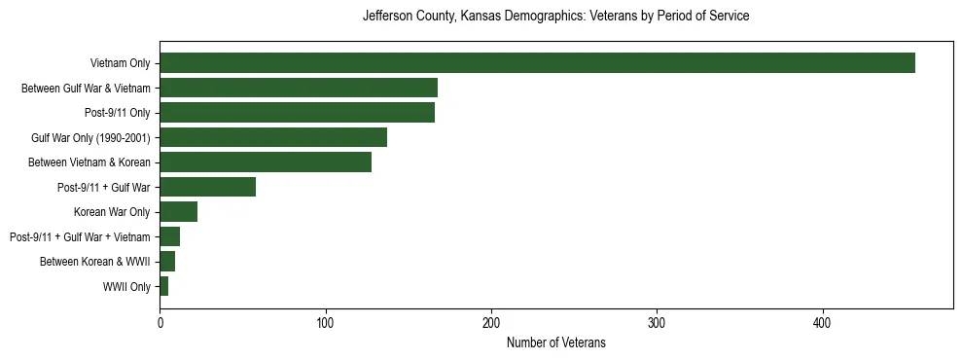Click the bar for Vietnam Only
tap(537, 63)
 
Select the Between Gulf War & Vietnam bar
tap(299, 88)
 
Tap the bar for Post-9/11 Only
tap(297, 113)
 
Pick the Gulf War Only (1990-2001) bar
tap(273, 137)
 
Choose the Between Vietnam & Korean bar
tap(266, 162)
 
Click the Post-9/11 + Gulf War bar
tap(207, 187)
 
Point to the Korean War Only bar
tap(179, 212)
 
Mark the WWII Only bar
tap(164, 286)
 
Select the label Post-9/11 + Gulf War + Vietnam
tap(80, 236)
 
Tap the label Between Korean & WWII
tap(95, 262)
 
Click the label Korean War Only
tap(112, 212)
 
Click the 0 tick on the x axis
tap(160, 322)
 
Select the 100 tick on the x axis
tap(326, 322)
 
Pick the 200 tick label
tap(491, 322)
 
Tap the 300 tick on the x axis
tap(658, 322)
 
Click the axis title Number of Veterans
tap(555, 342)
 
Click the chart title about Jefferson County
tap(555, 17)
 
